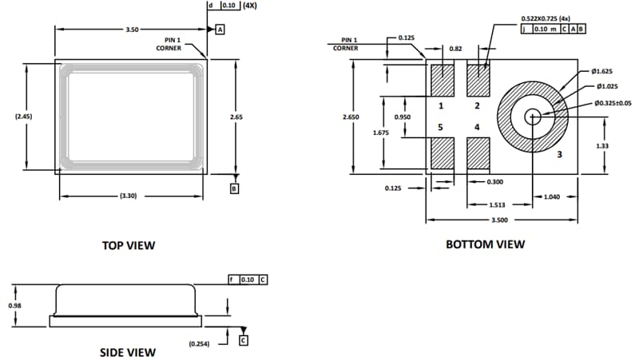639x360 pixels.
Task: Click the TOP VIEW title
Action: tap(129, 245)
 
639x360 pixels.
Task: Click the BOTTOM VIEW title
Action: tap(485, 244)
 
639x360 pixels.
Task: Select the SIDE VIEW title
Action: tap(128, 351)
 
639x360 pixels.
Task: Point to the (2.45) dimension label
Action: tap(23, 117)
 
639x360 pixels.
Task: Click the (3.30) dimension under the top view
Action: tap(129, 196)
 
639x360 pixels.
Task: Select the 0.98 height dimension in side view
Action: tap(14, 305)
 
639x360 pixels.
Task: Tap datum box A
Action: tap(220, 29)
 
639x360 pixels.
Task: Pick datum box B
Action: tap(234, 189)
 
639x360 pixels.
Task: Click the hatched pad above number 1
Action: tap(442, 80)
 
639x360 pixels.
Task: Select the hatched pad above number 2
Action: tap(477, 80)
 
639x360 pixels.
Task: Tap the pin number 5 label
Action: tap(440, 127)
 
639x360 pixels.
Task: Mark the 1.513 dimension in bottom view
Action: tap(496, 205)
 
